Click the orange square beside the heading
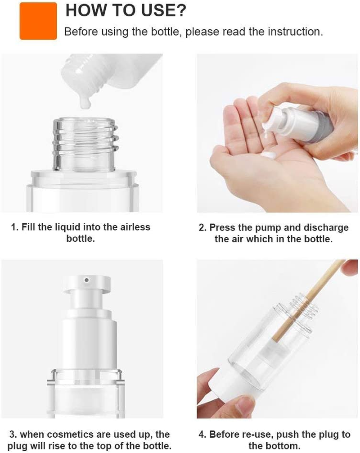[x=38, y=21]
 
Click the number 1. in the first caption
[x=15, y=227]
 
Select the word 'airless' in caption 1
[x=133, y=227]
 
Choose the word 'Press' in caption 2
[x=222, y=227]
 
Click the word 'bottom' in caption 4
[x=285, y=446]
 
